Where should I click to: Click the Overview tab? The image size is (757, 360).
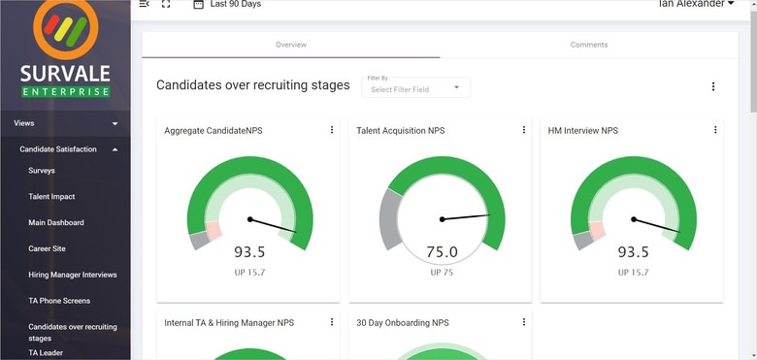coord(290,45)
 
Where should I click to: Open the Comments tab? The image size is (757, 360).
coord(589,45)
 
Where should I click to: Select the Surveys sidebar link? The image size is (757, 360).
coord(42,171)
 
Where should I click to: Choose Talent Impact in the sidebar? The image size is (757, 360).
coord(51,197)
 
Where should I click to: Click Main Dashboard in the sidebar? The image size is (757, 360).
coord(56,223)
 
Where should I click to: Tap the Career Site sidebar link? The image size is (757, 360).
coord(47,249)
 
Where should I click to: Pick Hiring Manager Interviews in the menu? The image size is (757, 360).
coord(73,276)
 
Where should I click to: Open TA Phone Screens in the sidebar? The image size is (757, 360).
coord(59,301)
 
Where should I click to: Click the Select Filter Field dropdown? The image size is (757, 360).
coord(415,88)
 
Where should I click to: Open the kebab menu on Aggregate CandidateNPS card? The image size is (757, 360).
coord(332,130)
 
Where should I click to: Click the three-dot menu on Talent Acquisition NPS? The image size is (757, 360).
coord(524,130)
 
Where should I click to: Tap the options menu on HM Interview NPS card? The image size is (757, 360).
coord(715,130)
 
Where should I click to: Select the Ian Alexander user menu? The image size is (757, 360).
coord(696,5)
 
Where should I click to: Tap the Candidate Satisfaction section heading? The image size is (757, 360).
coord(65,149)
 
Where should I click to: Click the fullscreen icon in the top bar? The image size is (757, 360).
coord(167,5)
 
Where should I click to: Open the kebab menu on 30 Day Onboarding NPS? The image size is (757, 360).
coord(524,322)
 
